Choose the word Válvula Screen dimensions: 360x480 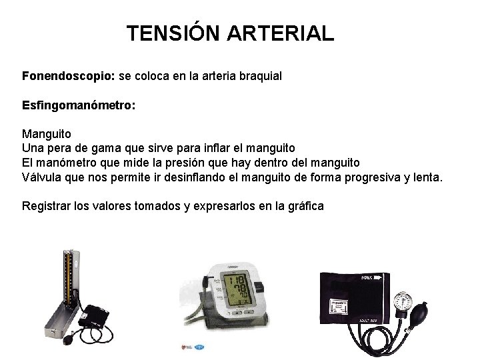(x=41, y=177)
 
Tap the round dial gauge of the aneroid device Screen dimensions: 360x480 (x=403, y=301)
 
